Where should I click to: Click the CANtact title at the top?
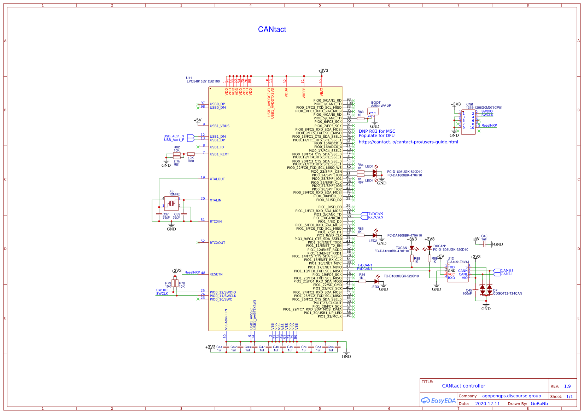(272, 29)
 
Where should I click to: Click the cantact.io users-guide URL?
(408, 142)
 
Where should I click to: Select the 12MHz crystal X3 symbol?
(171, 203)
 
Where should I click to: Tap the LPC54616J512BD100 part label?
(203, 81)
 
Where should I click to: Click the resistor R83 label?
(361, 112)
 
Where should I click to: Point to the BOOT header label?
(376, 103)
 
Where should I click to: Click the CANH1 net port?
(506, 270)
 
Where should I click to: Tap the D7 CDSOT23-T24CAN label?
(507, 293)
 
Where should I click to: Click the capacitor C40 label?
(484, 236)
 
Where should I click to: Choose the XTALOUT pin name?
(217, 179)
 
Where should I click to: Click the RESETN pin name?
(216, 274)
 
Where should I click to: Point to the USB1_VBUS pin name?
(220, 126)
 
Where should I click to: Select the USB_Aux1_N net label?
(174, 136)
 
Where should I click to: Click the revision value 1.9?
(567, 386)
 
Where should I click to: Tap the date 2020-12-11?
(487, 404)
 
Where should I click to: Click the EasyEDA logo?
(438, 401)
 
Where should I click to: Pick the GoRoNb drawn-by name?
(539, 404)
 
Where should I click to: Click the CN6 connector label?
(469, 105)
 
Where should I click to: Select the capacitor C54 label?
(331, 347)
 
